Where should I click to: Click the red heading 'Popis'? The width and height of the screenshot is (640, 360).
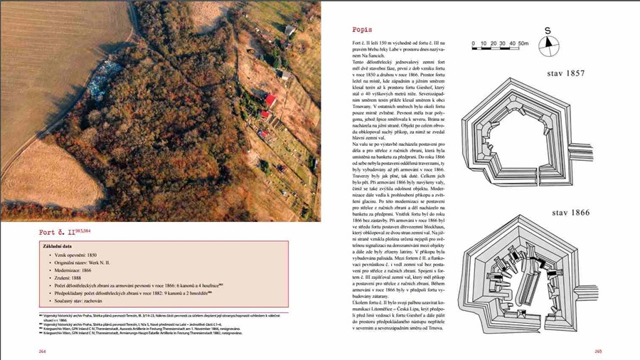(x=362, y=31)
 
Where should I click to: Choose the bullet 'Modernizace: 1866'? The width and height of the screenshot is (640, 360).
(x=73, y=271)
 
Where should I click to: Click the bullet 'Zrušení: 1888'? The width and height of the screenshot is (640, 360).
(x=68, y=278)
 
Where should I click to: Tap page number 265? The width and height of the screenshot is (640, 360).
(x=597, y=351)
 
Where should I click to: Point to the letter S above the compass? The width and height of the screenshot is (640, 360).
(x=548, y=31)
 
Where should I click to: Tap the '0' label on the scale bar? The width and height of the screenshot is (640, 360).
(x=474, y=43)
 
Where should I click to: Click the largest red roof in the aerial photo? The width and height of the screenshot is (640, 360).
(x=270, y=100)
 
